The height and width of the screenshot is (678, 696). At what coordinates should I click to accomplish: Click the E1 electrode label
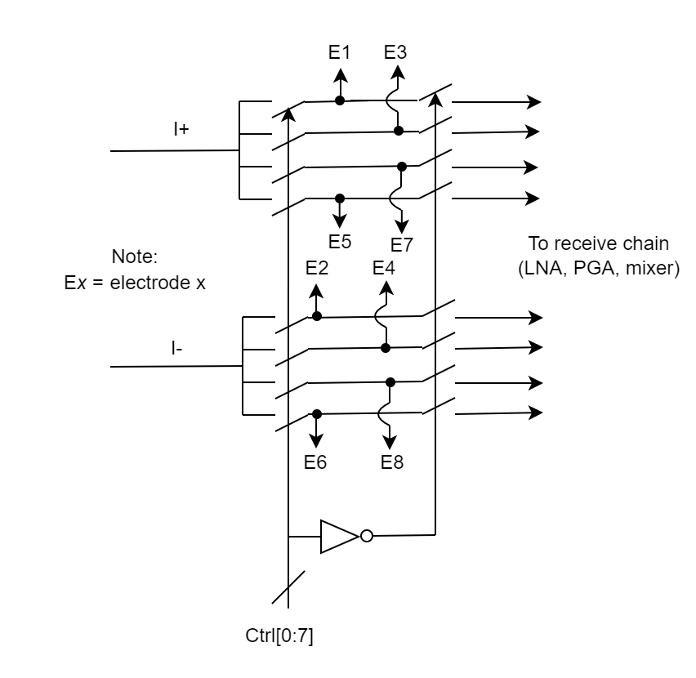pos(340,53)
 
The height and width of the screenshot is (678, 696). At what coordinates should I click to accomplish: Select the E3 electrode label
pos(396,53)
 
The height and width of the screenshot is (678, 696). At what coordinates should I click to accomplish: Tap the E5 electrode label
pos(340,241)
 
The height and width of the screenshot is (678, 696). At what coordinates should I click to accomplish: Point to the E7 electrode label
pos(401,244)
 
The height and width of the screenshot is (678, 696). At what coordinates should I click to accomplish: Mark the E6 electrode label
pos(316,462)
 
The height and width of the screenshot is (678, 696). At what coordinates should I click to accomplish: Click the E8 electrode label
pos(393,462)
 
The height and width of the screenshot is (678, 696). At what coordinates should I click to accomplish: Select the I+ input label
pos(181,129)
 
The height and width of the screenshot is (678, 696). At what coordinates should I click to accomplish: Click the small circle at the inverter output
pos(366,536)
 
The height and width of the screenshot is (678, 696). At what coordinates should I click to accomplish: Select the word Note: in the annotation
pos(138,256)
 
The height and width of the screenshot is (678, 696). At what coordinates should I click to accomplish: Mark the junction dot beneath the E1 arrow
pos(340,100)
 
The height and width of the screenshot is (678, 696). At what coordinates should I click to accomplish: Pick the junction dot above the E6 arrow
pos(317,414)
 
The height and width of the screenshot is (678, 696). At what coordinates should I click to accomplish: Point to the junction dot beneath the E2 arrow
pos(317,316)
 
